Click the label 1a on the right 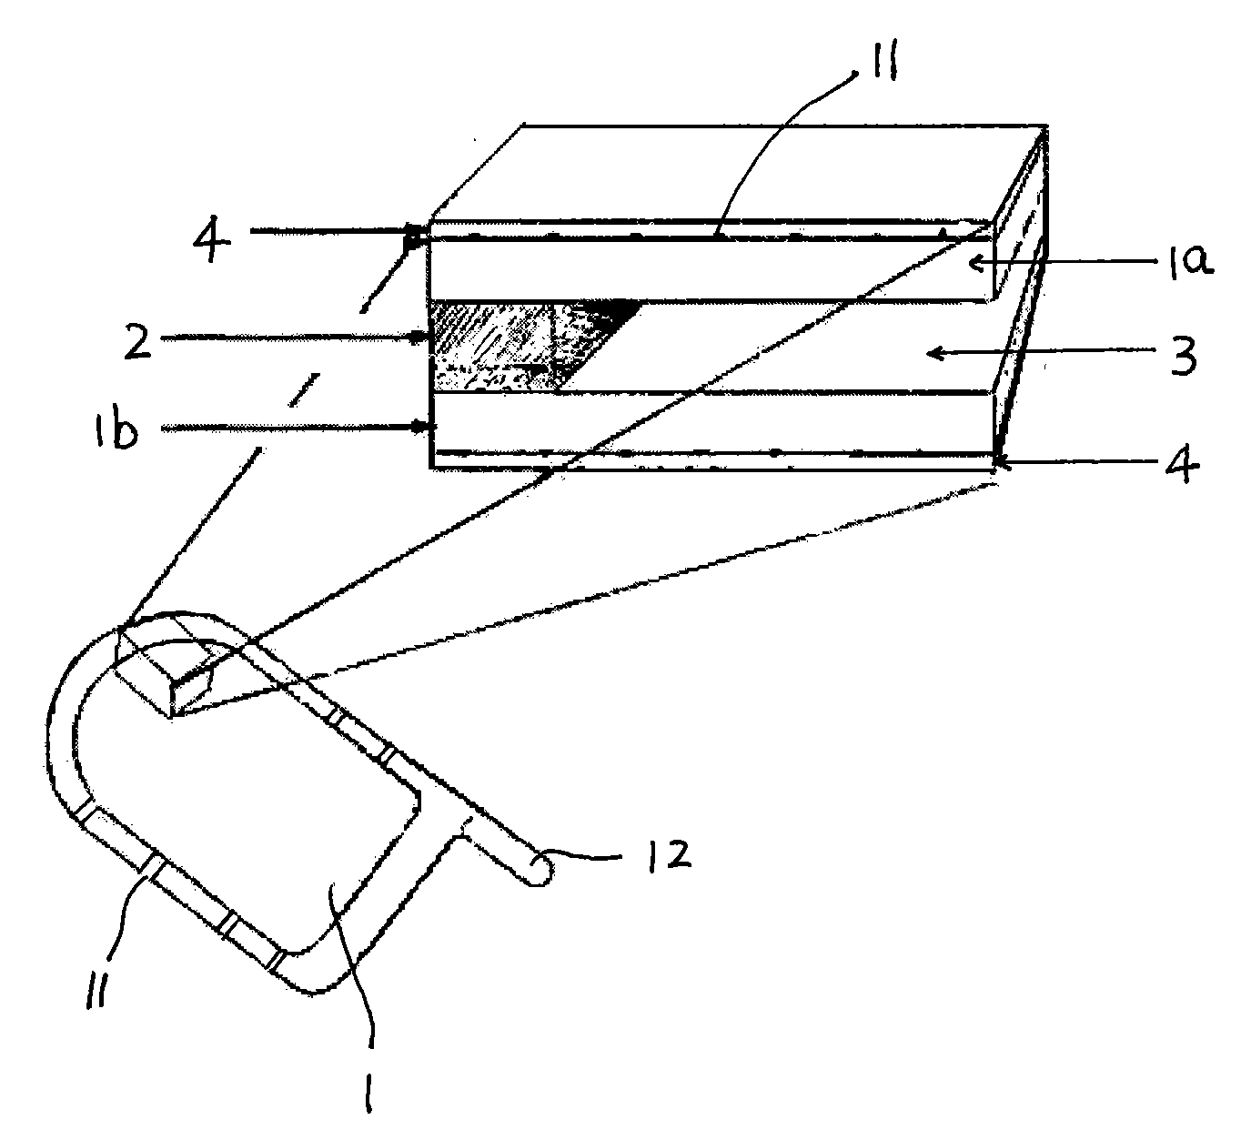point(1186,260)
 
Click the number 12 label point(669,856)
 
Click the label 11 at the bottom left point(96,990)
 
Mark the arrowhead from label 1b point(422,427)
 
